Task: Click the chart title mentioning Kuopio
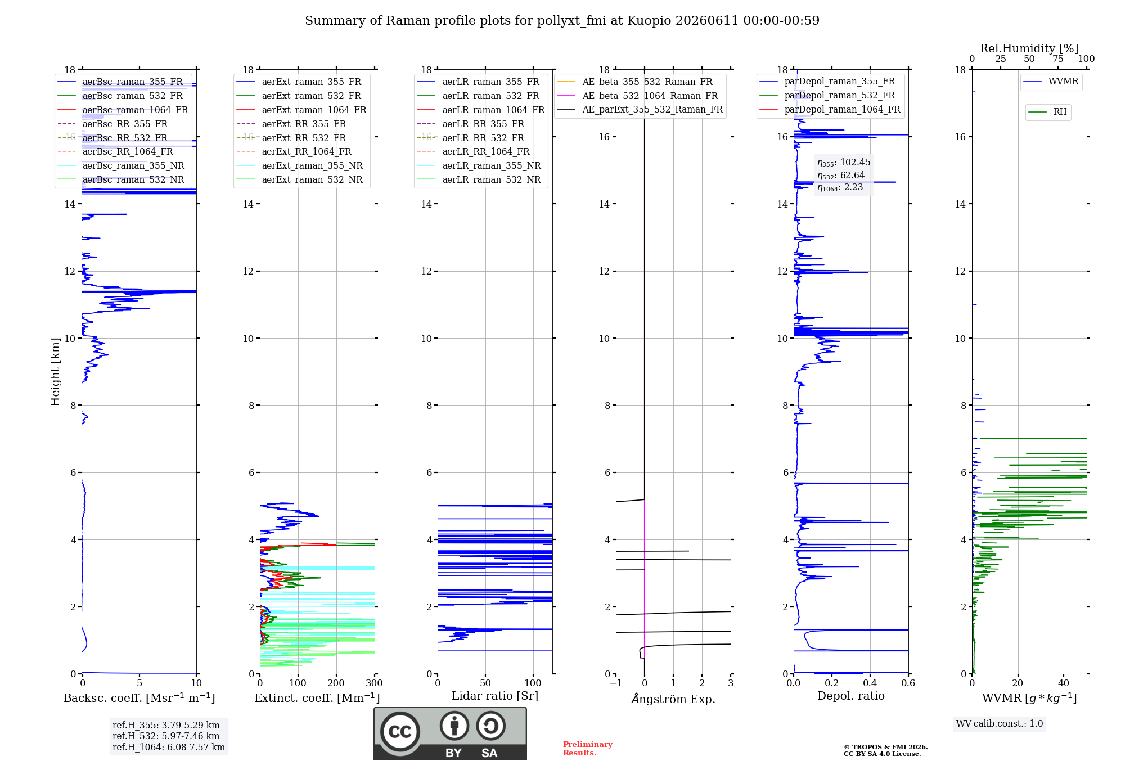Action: [x=562, y=21]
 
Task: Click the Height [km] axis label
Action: [x=55, y=372]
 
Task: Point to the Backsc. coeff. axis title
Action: [x=139, y=698]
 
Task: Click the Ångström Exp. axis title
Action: [x=673, y=699]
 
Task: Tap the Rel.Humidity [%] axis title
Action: [x=1029, y=48]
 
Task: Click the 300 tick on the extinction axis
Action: [x=375, y=683]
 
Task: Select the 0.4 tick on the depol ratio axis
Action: [x=870, y=683]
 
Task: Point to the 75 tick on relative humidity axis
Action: [x=1058, y=58]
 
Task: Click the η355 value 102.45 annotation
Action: [x=844, y=163]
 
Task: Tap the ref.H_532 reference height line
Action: [x=166, y=736]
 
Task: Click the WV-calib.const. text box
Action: [x=1000, y=724]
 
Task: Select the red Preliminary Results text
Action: [x=588, y=749]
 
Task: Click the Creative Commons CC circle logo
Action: [x=400, y=732]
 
